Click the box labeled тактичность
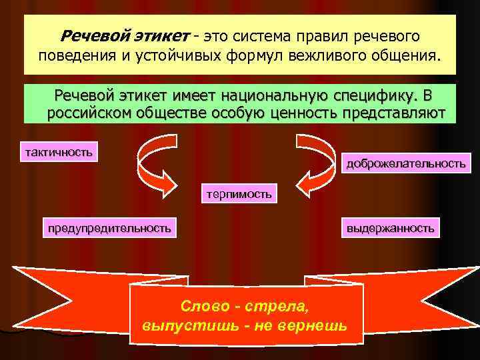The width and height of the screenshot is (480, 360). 59,151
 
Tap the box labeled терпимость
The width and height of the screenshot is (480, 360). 239,194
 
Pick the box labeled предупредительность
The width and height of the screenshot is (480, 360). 109,228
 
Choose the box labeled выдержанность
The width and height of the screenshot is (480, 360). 390,228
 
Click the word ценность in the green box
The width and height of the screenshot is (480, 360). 301,113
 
